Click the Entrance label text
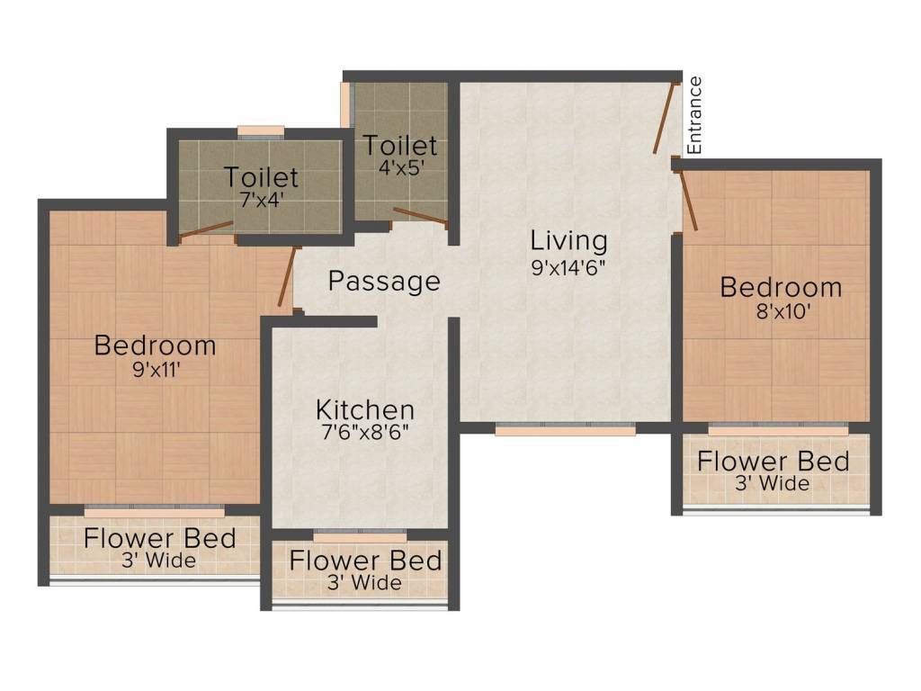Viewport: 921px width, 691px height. coord(693,115)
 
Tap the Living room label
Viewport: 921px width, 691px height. coord(568,241)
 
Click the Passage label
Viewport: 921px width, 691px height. coord(384,282)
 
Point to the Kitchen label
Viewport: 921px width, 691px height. coord(364,410)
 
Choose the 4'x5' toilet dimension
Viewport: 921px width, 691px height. coord(400,166)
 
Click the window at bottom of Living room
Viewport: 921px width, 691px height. coord(566,429)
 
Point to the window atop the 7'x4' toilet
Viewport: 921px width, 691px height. coord(261,130)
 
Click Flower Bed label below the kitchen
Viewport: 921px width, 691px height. coord(365,561)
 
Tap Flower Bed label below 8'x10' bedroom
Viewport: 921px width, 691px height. coord(773,462)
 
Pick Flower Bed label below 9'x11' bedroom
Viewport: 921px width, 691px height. coord(160,539)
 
